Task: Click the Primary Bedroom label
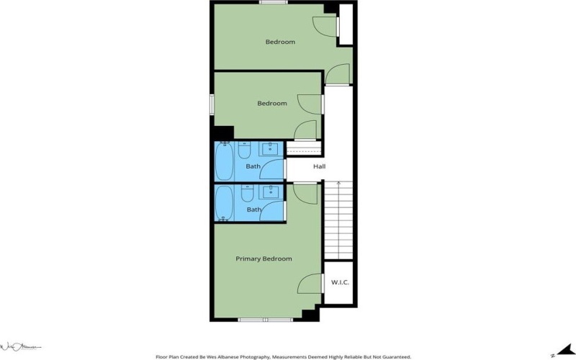[x=264, y=258]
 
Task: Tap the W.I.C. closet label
[x=340, y=282]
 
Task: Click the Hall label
[x=319, y=167]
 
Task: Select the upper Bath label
[x=253, y=167]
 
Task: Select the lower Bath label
[x=254, y=210]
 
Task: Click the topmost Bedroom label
[x=280, y=42]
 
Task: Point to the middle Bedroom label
[x=272, y=103]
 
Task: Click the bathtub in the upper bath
[x=225, y=162]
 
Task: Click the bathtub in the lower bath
[x=225, y=203]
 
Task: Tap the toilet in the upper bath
[x=245, y=152]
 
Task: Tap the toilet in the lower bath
[x=246, y=193]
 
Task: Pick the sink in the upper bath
[x=272, y=150]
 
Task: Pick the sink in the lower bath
[x=272, y=192]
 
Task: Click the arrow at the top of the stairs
[x=338, y=184]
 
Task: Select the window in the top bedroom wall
[x=270, y=2]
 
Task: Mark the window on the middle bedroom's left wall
[x=212, y=104]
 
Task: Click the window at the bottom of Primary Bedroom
[x=264, y=319]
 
